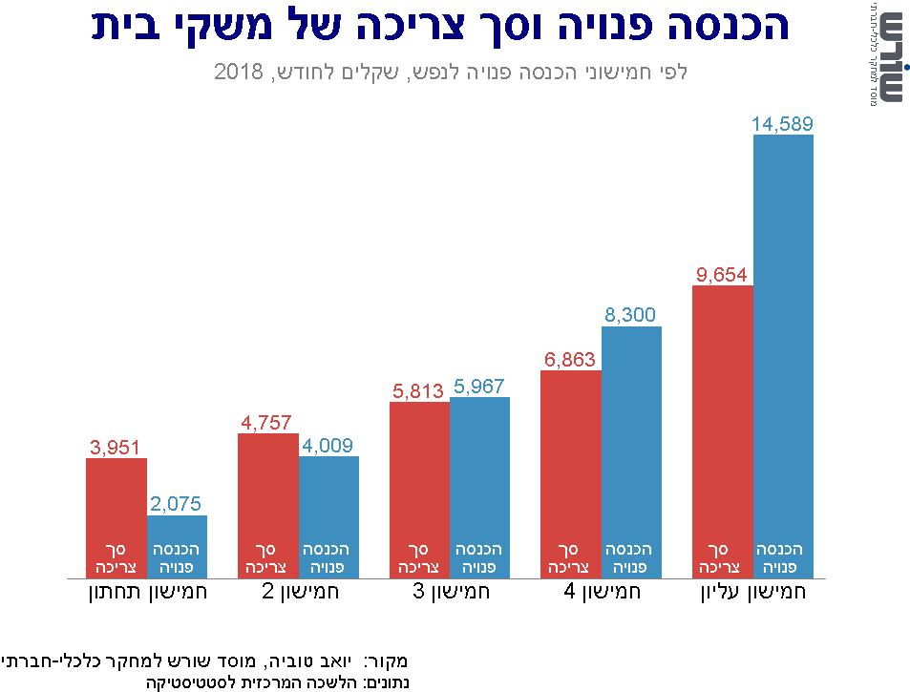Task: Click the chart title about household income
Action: pyautogui.click(x=440, y=27)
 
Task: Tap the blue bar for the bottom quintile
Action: pyautogui.click(x=177, y=546)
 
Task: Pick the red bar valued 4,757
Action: pyautogui.click(x=267, y=505)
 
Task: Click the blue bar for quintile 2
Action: pyautogui.click(x=328, y=516)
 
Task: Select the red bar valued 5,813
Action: pyautogui.click(x=419, y=489)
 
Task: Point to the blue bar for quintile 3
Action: pyautogui.click(x=479, y=487)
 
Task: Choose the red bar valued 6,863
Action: pyautogui.click(x=570, y=473)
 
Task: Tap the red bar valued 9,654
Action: pyautogui.click(x=723, y=430)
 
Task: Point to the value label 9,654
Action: pyautogui.click(x=722, y=275)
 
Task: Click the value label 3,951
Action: pyautogui.click(x=116, y=448)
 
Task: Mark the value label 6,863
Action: pyautogui.click(x=570, y=360)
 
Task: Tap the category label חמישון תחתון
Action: pyautogui.click(x=147, y=592)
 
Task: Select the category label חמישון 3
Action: pyautogui.click(x=450, y=592)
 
